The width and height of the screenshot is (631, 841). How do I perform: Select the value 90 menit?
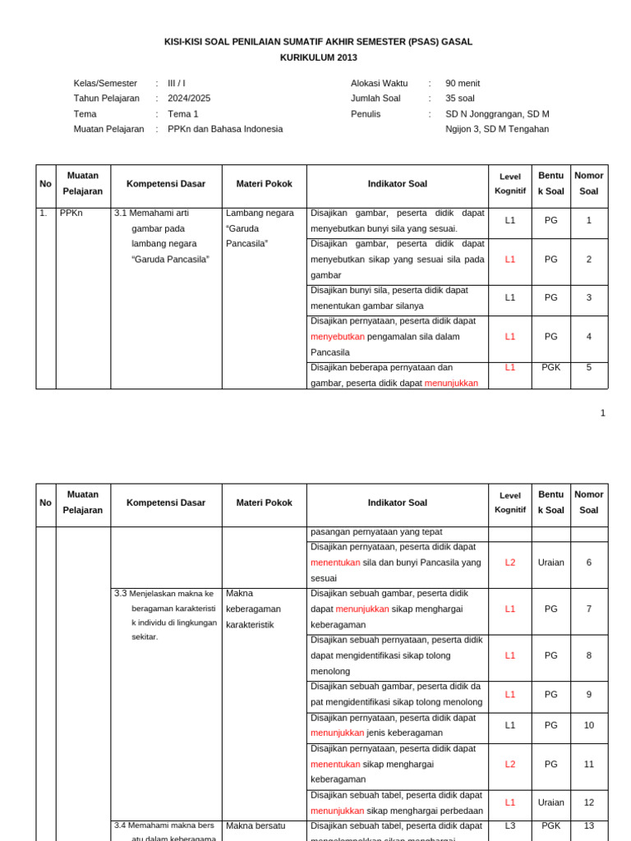463,83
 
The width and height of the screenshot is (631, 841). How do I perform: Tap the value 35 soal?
460,98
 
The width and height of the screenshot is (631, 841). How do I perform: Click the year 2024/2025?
189,98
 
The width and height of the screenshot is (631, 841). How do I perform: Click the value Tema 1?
183,113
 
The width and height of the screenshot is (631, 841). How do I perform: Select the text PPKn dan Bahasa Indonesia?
225,129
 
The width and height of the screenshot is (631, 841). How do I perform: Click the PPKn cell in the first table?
71,213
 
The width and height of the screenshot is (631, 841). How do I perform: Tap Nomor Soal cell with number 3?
588,297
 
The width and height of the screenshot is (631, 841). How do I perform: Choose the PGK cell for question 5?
550,367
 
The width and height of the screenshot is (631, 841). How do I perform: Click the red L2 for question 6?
510,563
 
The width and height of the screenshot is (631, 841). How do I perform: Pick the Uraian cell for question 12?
550,802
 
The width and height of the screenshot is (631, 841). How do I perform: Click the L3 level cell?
510,825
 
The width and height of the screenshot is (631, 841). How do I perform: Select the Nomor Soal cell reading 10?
588,725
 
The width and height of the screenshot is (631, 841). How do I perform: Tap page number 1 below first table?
602,413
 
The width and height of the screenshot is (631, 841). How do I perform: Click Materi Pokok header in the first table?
264,184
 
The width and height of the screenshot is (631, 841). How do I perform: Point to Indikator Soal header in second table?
398,503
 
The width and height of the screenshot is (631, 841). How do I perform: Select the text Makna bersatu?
255,825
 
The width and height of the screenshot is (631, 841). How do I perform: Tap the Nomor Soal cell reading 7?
588,609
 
